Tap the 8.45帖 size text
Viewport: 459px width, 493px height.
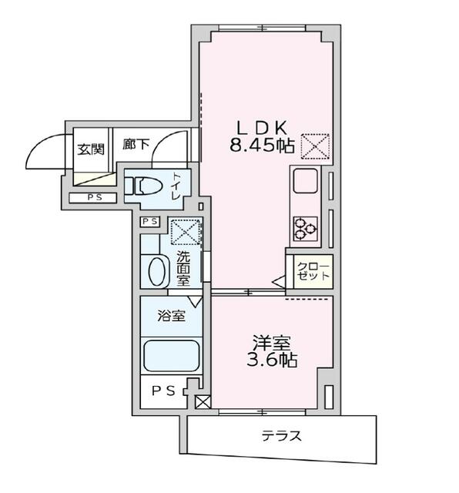coord(260,145)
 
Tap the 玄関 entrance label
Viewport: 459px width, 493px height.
coord(89,149)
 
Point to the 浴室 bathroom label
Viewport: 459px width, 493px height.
coord(170,315)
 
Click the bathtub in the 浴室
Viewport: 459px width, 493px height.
coord(170,357)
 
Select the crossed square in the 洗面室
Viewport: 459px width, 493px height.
coord(184,230)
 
